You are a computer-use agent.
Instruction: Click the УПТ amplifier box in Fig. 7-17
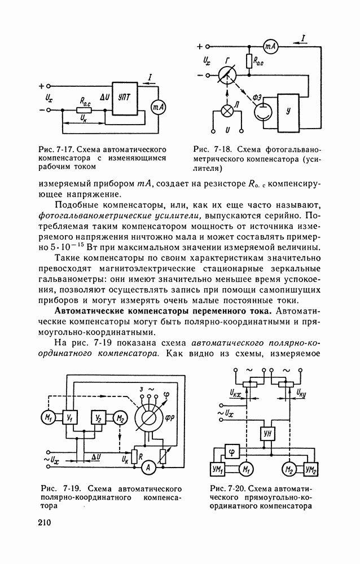125,98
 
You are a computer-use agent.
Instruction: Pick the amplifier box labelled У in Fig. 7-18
289,113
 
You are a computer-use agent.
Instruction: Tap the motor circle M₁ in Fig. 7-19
47,418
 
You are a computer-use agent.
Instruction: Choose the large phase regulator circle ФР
151,420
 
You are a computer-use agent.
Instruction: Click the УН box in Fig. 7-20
267,434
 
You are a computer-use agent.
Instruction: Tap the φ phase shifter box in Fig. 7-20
232,451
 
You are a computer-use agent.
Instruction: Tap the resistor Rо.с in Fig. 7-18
248,59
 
